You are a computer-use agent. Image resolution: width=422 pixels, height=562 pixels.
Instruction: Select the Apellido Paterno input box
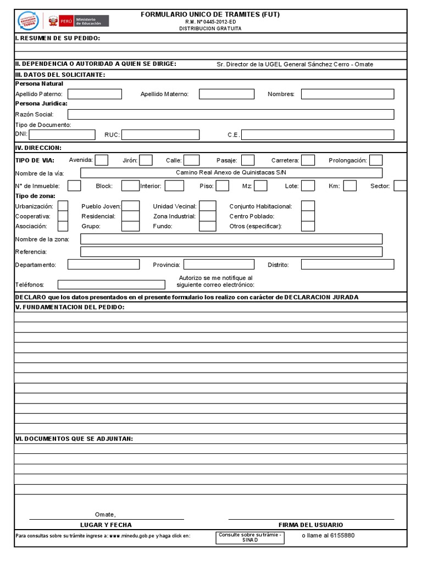click(94, 94)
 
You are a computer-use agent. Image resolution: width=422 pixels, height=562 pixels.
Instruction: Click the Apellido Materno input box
click(226, 94)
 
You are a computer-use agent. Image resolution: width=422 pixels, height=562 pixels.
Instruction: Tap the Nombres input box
click(347, 94)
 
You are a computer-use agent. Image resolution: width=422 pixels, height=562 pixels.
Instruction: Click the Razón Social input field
click(231, 114)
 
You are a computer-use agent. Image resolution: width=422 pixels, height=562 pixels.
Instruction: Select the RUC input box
click(160, 134)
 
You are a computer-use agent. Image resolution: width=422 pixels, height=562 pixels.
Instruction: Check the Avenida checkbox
click(102, 160)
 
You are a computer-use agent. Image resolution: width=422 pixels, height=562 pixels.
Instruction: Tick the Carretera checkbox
click(308, 160)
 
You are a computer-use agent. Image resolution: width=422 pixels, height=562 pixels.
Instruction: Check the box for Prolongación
click(376, 160)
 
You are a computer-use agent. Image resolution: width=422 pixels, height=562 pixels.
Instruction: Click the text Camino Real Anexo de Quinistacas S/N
click(231, 172)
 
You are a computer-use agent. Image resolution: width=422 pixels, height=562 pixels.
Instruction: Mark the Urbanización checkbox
click(63, 206)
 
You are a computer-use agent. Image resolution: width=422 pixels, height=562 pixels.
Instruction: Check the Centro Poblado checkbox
click(308, 216)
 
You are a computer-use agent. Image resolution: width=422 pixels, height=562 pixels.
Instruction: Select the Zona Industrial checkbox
click(207, 216)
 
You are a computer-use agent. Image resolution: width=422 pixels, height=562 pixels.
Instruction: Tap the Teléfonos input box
click(111, 284)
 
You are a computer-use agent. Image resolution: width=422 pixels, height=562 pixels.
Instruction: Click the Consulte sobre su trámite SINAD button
click(250, 537)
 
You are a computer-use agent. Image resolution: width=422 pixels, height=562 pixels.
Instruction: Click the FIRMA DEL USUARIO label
click(310, 525)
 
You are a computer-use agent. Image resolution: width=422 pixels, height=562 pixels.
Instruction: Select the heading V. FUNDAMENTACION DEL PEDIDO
click(70, 307)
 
